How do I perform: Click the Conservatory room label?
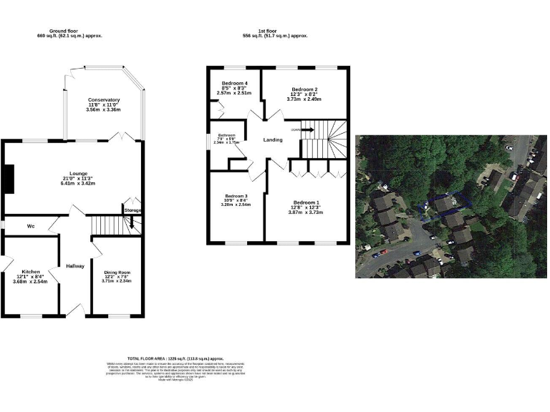click(x=104, y=99)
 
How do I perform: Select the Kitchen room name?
click(x=30, y=272)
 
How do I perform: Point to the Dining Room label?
click(x=117, y=273)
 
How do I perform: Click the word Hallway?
click(x=75, y=266)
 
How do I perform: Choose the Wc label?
click(x=31, y=226)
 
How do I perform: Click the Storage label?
click(x=132, y=210)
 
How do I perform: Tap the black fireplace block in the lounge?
click(x=8, y=179)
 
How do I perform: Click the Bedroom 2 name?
click(x=305, y=89)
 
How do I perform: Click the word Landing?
click(x=273, y=140)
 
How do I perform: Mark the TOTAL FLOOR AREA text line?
click(x=175, y=358)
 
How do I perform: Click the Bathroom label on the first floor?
click(x=227, y=135)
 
